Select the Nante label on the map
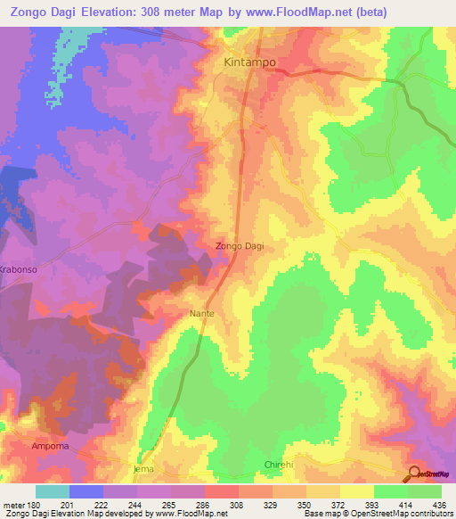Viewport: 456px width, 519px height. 202,314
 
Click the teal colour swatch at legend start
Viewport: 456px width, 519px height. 53,491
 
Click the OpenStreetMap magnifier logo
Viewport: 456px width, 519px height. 413,474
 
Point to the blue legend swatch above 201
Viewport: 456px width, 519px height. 86,491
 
